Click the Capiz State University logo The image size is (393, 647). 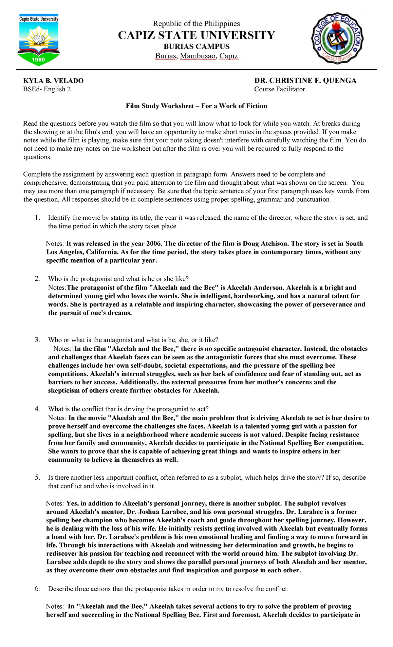coord(39,39)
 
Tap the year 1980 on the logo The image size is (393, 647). coord(38,60)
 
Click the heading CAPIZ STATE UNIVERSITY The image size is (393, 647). coord(196,35)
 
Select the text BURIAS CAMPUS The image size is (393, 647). coord(196,46)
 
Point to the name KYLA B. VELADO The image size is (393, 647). coord(53,81)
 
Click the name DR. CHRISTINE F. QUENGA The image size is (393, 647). coord(305,81)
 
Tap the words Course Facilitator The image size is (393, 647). coord(279,89)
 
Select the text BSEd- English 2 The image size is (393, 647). coord(47,89)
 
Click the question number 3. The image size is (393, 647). coord(37,340)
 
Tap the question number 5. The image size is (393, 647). coord(37,477)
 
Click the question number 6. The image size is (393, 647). coord(37,589)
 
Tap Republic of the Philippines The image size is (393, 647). coord(196,24)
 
